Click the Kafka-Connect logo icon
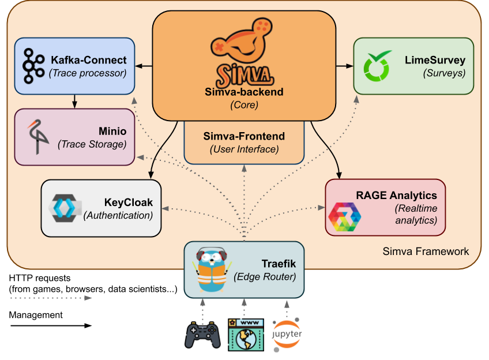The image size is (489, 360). pyautogui.click(x=33, y=66)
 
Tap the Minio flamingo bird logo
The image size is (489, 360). pyautogui.click(x=37, y=137)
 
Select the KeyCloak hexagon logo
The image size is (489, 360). pyautogui.click(x=65, y=208)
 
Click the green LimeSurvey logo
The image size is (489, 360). pyautogui.click(x=377, y=66)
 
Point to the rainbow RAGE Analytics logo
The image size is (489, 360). pyautogui.click(x=345, y=217)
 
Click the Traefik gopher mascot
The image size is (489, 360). pyautogui.click(x=212, y=270)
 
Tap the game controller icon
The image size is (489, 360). pyautogui.click(x=202, y=335)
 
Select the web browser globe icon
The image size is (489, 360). pyautogui.click(x=246, y=335)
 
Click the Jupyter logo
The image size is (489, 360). pyautogui.click(x=286, y=335)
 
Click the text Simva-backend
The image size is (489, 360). pyautogui.click(x=244, y=92)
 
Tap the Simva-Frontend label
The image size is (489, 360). pyautogui.click(x=244, y=136)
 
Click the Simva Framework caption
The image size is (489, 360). pyautogui.click(x=426, y=251)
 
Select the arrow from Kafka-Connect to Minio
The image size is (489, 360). pyautogui.click(x=74, y=101)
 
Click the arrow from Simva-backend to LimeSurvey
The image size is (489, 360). pyautogui.click(x=345, y=66)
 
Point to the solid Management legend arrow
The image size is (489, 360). pyautogui.click(x=51, y=326)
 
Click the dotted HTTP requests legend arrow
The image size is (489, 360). pyautogui.click(x=51, y=298)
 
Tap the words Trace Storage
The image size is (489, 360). pyautogui.click(x=92, y=144)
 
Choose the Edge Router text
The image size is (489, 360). pyautogui.click(x=265, y=277)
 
